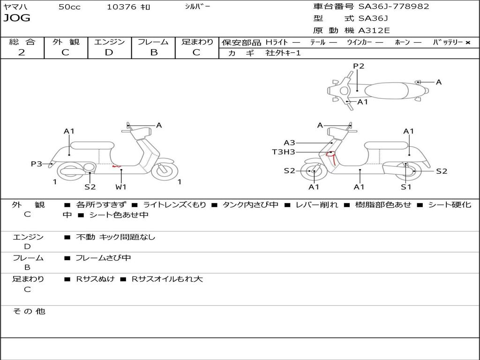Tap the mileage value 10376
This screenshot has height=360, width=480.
tap(122, 7)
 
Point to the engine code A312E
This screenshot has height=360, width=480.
tap(374, 31)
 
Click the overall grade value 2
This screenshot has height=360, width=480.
tap(22, 52)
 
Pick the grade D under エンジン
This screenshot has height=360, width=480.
tap(109, 52)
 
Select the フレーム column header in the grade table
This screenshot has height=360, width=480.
tap(153, 42)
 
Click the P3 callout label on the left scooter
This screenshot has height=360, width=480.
tap(37, 164)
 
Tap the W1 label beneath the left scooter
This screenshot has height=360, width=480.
tap(121, 187)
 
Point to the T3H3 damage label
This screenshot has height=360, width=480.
tap(284, 152)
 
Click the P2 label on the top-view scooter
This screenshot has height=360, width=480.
tap(359, 66)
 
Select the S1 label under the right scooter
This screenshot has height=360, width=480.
tap(406, 187)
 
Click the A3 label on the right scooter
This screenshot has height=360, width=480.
tap(289, 142)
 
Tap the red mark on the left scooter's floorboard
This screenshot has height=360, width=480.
tap(116, 166)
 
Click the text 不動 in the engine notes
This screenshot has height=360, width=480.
tap(86, 237)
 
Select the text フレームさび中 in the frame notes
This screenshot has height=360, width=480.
tap(104, 258)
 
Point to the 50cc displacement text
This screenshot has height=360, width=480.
tap(69, 7)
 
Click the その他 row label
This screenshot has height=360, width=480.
tap(29, 311)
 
